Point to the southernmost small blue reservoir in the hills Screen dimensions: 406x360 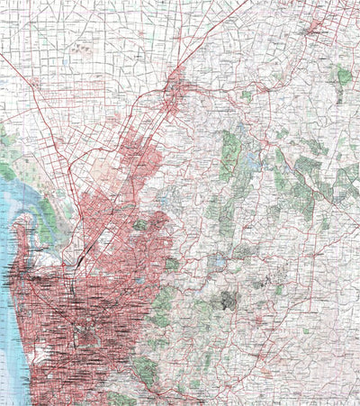point(217,263)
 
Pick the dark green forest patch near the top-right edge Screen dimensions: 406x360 point(344,77)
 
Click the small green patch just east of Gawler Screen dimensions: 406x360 point(246,93)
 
